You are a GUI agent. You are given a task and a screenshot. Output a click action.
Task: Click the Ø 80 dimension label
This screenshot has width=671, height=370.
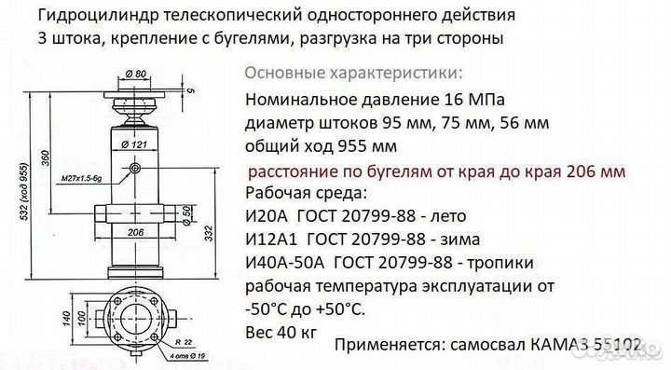coord(136,74)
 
